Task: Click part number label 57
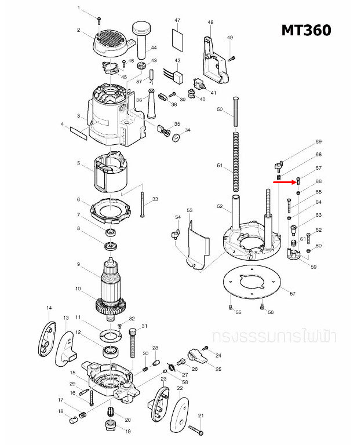click(293, 294)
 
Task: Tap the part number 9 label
click(78, 265)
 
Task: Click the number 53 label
click(189, 210)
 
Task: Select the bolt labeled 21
click(195, 429)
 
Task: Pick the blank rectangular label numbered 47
click(178, 41)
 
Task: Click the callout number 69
click(318, 142)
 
